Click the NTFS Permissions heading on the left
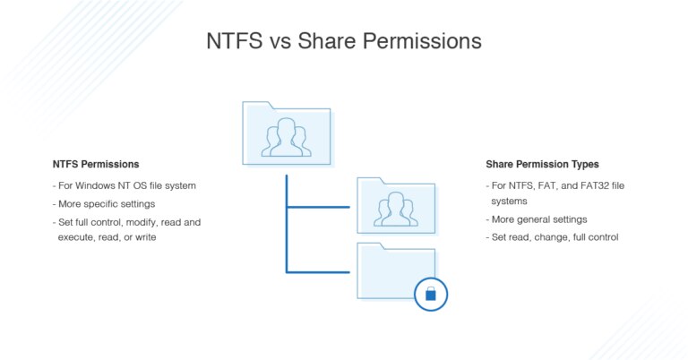(x=96, y=165)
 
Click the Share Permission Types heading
(x=542, y=165)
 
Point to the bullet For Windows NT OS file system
(x=125, y=185)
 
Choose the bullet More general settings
(x=536, y=219)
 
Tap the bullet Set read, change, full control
(x=552, y=237)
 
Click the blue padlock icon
(x=430, y=293)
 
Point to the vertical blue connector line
(x=287, y=224)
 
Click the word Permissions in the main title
(x=420, y=41)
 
